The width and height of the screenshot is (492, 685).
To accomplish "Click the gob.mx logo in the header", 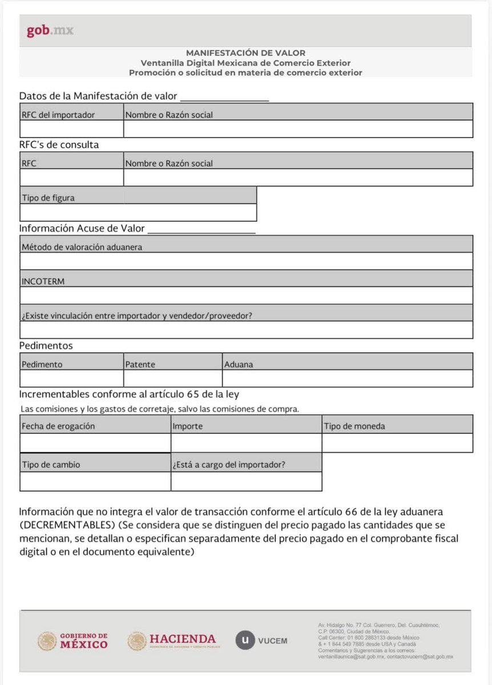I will coord(50,31).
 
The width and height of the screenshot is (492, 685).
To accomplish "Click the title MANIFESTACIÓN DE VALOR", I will coord(245,53).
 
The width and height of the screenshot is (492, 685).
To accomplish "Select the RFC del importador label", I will coord(58,115).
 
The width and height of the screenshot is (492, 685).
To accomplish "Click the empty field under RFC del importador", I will coord(71,129).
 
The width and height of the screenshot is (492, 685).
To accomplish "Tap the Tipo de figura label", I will coord(48,198).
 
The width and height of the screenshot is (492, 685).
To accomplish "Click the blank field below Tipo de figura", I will coord(138,213).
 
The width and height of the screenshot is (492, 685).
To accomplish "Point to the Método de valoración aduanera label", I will coord(82,247).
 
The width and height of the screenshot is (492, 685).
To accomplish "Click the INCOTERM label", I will coord(43,281).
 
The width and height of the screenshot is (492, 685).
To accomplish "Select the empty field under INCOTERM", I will coord(246,296).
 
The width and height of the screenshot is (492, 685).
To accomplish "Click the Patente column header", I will coord(140,364).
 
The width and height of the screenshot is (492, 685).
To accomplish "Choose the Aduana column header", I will coord(239,364).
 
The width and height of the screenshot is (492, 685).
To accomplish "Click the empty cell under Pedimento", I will coord(71,378).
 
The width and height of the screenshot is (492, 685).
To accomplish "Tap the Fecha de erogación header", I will coord(58,426).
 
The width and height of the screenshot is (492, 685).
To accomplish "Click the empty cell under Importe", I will coord(246,443).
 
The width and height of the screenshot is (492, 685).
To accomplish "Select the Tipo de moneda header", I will coord(354,426).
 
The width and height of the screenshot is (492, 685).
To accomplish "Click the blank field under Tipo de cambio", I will coord(95,482).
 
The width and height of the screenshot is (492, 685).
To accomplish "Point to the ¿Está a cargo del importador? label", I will coord(229,465).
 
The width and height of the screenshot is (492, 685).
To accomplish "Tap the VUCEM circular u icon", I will coord(245,640).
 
